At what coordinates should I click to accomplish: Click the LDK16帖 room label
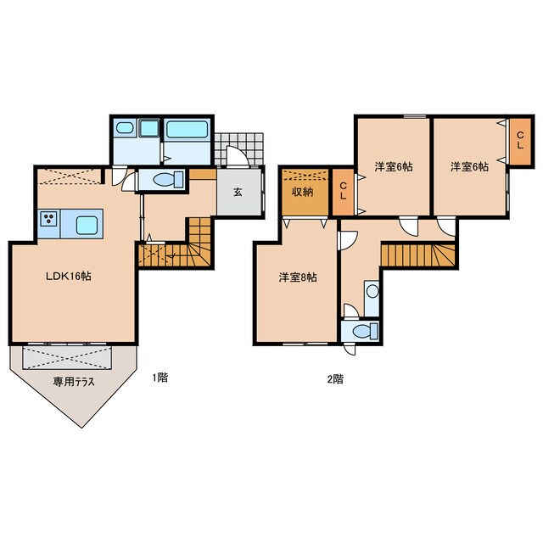point(69,277)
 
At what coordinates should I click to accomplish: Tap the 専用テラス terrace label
point(74,382)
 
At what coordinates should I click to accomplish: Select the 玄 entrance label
point(238,192)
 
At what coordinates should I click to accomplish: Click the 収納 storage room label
point(303,192)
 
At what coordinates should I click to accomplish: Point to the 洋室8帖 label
point(298,277)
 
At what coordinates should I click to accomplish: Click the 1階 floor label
point(160,378)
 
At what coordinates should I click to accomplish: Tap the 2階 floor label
point(335,379)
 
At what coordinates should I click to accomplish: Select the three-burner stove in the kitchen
point(48,219)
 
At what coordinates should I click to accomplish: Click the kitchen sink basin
point(87,225)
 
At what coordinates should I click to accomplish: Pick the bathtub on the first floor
point(187,130)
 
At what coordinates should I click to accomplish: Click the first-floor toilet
point(168,180)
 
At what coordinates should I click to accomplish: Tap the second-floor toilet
point(365,331)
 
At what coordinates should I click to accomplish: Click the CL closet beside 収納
point(343,192)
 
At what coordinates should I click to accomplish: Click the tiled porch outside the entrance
point(239,149)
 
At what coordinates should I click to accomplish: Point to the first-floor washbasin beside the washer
point(125,128)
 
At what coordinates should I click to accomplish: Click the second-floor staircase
point(418,255)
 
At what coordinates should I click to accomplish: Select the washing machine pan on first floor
point(149,128)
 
